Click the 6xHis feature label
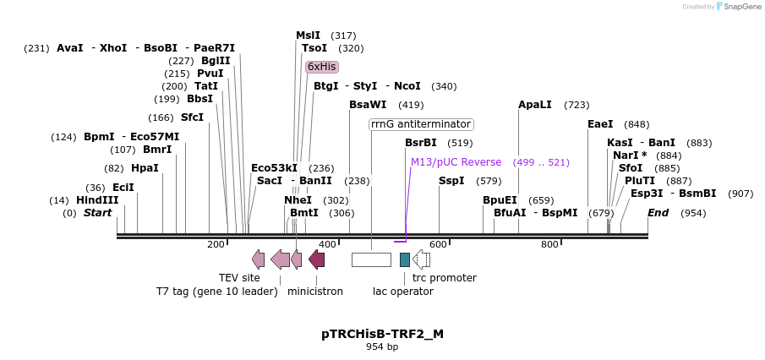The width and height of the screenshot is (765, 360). [322, 67]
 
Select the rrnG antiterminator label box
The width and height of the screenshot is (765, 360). [421, 124]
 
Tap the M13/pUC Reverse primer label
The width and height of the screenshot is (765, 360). [456, 162]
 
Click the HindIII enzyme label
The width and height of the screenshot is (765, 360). [96, 200]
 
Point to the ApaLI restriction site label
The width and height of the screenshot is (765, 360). [534, 105]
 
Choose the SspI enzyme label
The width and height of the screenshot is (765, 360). [451, 181]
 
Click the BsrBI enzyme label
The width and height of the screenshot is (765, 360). [421, 143]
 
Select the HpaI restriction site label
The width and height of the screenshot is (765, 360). [145, 168]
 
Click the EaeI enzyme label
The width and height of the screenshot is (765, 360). [600, 124]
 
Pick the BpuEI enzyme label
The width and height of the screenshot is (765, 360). [500, 200]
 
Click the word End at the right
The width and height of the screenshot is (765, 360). [658, 213]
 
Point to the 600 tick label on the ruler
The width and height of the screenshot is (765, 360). [437, 244]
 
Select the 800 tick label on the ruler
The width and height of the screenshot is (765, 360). [549, 244]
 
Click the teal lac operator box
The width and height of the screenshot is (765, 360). [405, 259]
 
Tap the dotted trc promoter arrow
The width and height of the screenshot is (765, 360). [421, 259]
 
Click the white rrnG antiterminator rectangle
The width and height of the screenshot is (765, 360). [371, 259]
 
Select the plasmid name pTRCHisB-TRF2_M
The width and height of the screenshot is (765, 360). [382, 334]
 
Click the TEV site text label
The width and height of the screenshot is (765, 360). [239, 278]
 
